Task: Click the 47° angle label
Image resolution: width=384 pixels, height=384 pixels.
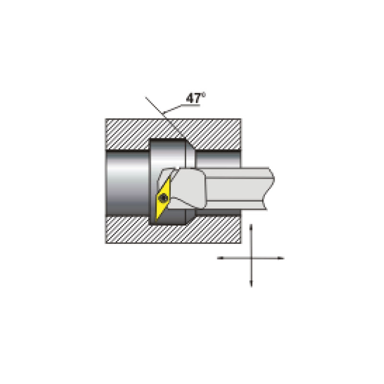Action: (x=196, y=98)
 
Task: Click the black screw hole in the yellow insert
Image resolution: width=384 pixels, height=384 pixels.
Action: (x=163, y=197)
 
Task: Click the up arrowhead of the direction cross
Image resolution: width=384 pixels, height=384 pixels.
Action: (x=251, y=227)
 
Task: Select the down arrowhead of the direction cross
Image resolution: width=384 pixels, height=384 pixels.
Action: (x=251, y=284)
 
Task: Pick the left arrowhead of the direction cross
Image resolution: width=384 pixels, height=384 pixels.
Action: (x=221, y=258)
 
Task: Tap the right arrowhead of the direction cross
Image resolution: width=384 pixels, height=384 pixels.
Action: (x=281, y=258)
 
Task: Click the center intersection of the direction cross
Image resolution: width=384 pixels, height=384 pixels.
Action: (x=251, y=258)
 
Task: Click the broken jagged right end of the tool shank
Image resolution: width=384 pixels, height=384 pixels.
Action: (x=270, y=189)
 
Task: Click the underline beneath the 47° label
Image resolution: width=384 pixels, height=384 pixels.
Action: (x=191, y=106)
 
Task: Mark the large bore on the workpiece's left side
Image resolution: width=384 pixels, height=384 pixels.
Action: (x=127, y=183)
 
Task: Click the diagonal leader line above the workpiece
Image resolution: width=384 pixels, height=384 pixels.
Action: (x=165, y=118)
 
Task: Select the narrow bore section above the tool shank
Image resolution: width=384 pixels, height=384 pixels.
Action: (x=218, y=159)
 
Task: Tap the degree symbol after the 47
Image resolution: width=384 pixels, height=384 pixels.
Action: (x=204, y=94)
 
